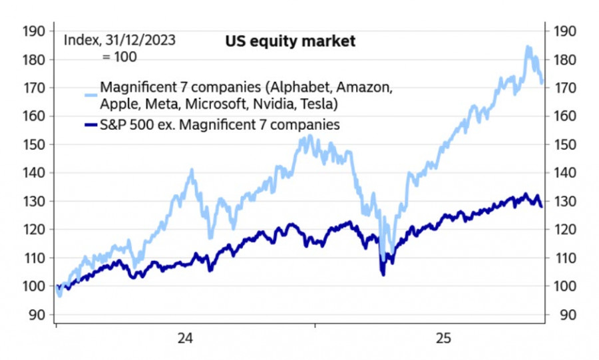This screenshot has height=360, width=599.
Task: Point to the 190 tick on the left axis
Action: point(33,31)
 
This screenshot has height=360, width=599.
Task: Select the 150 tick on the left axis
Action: point(33,144)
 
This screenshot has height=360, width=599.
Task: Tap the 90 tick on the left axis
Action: point(36,315)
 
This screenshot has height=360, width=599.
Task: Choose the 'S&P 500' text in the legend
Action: point(122,124)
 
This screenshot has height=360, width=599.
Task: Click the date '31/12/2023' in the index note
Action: point(140,40)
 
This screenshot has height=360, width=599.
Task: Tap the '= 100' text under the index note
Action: point(119,57)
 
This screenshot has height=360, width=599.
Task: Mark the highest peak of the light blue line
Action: point(528,47)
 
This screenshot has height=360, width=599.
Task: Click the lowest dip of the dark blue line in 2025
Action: point(382,273)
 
